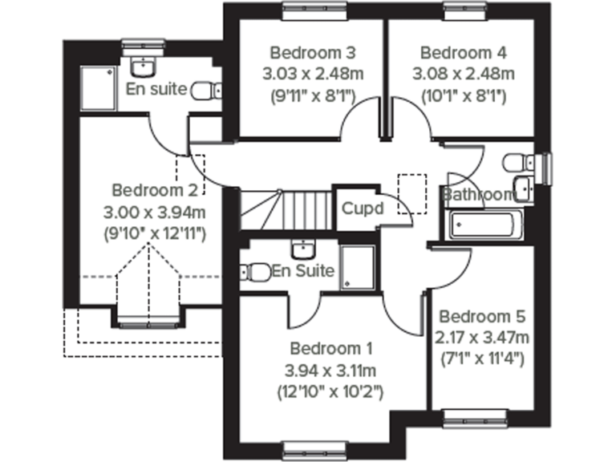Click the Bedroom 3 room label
pos(313,54)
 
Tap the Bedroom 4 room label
pos(463,54)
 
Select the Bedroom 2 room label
pos(155,191)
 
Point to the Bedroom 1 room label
pos(331,349)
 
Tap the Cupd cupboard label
pos(363,208)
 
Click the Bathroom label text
pos(478,194)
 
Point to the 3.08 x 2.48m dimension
pos(463,75)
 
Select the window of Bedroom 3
pos(314,10)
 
